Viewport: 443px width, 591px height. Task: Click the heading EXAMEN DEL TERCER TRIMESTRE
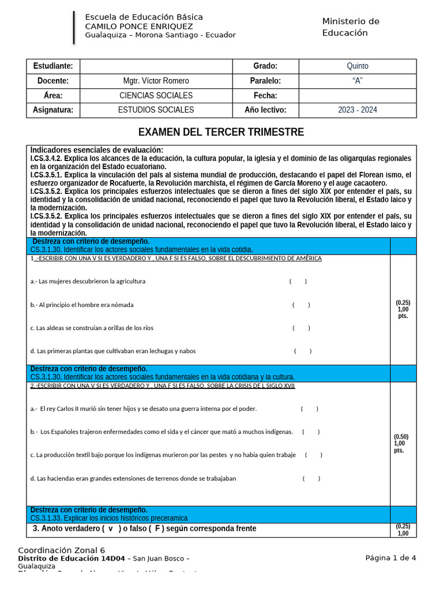pos(221,132)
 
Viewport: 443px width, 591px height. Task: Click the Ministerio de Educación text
pos(351,27)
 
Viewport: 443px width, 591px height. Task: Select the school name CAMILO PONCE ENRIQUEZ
pos(139,26)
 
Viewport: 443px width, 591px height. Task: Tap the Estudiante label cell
pos(53,66)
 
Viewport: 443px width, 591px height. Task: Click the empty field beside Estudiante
pos(156,66)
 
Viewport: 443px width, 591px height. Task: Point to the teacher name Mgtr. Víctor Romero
pos(156,81)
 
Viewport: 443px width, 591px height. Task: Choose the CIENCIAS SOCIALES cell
pos(156,95)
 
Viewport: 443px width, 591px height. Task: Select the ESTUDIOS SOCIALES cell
pos(156,110)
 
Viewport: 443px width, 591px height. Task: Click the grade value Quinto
pos(357,66)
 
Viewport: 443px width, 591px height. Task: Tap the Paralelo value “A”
pos(357,81)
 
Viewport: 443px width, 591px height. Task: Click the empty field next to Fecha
pos(357,95)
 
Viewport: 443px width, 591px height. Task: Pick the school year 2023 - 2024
pos(357,110)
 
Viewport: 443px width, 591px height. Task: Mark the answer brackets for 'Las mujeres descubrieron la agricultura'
pos(298,281)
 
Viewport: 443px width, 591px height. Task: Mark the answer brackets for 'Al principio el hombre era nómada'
pos(301,305)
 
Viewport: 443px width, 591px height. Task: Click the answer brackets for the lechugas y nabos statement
pos(303,351)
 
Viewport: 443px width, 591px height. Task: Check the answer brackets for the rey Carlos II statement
pos(309,409)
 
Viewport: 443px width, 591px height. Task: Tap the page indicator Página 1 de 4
pos(390,558)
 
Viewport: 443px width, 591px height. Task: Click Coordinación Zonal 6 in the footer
pos(61,551)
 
